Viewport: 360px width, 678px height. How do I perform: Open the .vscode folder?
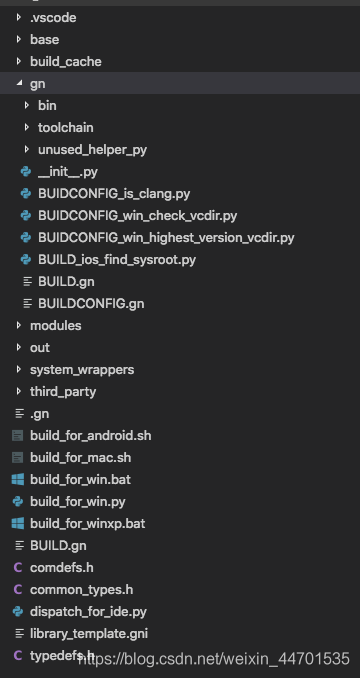coord(52,17)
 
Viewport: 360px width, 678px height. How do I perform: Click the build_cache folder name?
coord(65,61)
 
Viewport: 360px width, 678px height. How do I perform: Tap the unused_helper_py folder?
coord(92,149)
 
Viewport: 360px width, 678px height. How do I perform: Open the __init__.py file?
coord(69,171)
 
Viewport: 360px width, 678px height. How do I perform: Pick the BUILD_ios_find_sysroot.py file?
coord(116,259)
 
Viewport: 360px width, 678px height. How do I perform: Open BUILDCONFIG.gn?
coord(90,303)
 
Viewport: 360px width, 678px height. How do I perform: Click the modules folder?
coord(55,325)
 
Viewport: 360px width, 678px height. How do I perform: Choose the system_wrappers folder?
coord(81,369)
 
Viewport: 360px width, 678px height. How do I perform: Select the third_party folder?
coord(63,391)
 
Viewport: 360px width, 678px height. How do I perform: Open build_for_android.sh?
coord(90,436)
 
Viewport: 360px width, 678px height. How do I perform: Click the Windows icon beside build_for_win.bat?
coord(17,480)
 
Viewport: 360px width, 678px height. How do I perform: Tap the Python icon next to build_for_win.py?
coord(17,502)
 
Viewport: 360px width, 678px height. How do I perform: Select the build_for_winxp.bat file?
coord(87,523)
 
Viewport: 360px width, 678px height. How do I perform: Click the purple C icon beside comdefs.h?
coord(17,567)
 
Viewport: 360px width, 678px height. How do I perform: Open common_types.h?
coord(81,589)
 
